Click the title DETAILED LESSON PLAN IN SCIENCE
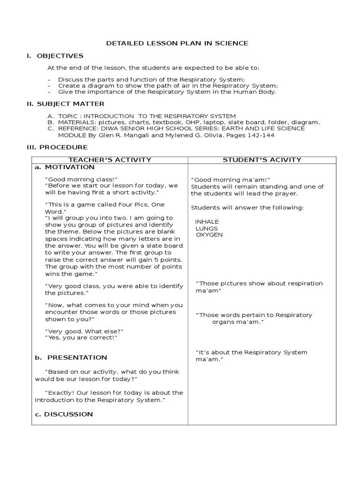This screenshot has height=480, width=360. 177,43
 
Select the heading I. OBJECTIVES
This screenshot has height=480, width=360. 55,56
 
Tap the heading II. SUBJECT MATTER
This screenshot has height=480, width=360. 65,104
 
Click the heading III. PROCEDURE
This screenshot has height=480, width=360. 57,147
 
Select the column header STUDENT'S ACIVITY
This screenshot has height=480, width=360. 262,160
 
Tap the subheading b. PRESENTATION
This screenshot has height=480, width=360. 71,357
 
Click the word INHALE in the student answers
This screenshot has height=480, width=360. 207,222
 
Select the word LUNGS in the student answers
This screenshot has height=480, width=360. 206,228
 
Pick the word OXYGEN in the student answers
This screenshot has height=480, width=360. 209,235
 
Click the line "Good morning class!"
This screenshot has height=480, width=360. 81,179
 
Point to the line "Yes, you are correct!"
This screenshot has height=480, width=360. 81,337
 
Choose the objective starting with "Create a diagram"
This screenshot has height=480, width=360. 168,86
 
